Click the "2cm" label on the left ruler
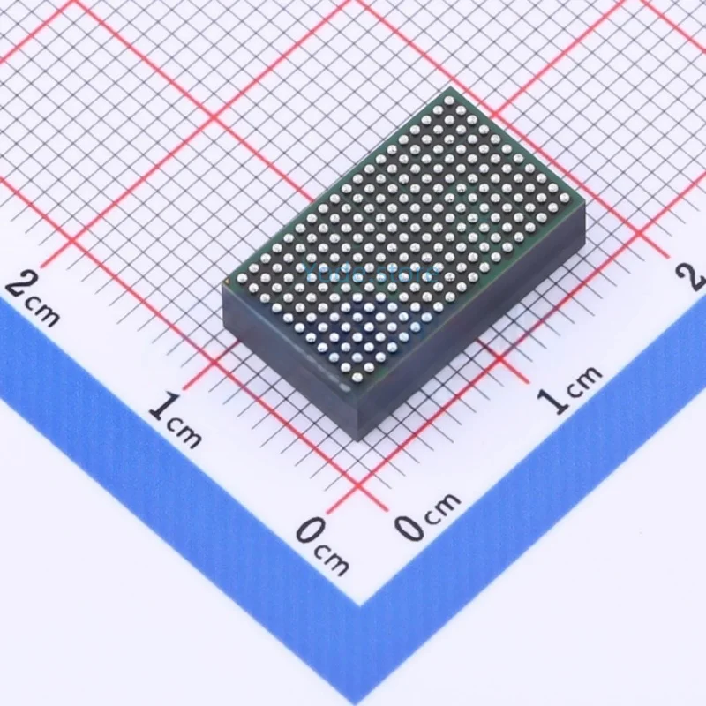33,298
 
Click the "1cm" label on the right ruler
571,389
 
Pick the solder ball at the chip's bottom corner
356,378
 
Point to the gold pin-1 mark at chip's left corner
228,283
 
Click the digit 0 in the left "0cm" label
309,532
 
